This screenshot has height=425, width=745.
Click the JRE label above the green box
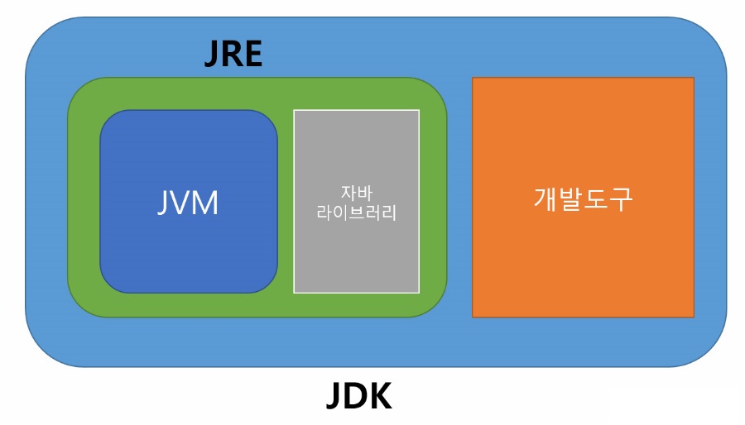(233, 55)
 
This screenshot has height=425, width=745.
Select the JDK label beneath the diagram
(358, 398)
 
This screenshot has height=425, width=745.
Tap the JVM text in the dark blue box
(188, 202)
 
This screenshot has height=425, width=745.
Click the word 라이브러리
(357, 213)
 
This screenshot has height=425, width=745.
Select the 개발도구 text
(583, 198)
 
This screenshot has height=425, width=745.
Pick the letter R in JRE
(233, 55)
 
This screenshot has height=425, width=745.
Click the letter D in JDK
(357, 398)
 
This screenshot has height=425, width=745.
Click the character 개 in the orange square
(546, 198)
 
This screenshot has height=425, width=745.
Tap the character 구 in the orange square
(620, 198)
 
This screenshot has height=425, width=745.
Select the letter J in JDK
(334, 398)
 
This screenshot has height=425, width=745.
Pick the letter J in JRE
(213, 55)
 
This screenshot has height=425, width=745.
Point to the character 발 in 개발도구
(570, 198)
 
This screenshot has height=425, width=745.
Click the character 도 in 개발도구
(595, 198)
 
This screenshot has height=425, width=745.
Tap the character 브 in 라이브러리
(357, 213)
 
